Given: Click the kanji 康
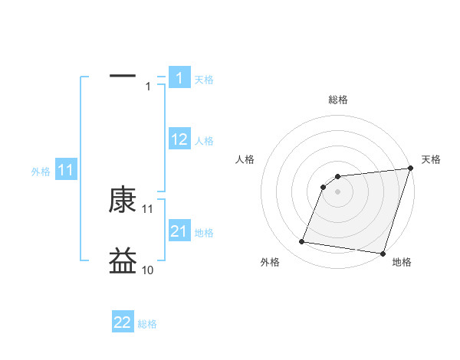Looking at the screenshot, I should (123, 201).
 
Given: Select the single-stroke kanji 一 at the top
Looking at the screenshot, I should (123, 76).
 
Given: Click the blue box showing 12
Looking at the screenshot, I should (179, 139).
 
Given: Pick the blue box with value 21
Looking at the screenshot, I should (179, 231).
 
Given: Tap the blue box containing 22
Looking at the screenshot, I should (123, 322).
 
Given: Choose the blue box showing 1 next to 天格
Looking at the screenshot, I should (179, 77).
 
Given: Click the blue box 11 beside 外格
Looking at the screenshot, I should (66, 171).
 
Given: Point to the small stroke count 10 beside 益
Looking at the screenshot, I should (147, 270).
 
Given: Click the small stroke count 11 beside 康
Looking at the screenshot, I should (147, 209).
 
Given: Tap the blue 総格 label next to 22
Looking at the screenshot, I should (147, 324).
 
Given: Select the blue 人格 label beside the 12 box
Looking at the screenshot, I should (204, 141).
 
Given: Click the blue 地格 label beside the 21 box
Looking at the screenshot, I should (204, 233).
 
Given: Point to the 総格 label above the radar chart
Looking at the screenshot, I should (337, 100).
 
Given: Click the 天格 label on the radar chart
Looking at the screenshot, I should (431, 159).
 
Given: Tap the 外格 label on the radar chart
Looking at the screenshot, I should (270, 262).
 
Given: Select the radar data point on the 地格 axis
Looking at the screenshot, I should (382, 253).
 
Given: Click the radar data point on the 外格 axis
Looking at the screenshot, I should (302, 242).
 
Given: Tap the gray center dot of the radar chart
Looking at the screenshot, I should (337, 191).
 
